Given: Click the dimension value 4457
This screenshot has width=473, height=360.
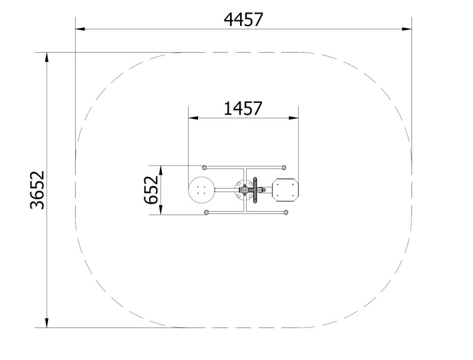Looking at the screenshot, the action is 244,20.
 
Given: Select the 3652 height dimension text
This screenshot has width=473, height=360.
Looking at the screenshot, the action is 37,190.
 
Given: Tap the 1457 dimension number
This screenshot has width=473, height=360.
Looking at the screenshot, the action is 243,109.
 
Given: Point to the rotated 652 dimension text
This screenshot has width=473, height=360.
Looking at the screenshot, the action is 151,190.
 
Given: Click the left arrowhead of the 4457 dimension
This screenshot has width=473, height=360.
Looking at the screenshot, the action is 80,29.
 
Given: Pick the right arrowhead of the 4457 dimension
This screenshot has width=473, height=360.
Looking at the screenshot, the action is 407,29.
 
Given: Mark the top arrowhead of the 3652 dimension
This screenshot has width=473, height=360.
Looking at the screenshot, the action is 47,57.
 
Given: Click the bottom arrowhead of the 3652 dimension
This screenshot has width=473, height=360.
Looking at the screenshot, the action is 47,323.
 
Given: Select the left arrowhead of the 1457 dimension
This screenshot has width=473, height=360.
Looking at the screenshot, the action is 193,118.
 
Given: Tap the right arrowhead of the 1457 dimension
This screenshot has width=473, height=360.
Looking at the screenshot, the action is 293,118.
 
